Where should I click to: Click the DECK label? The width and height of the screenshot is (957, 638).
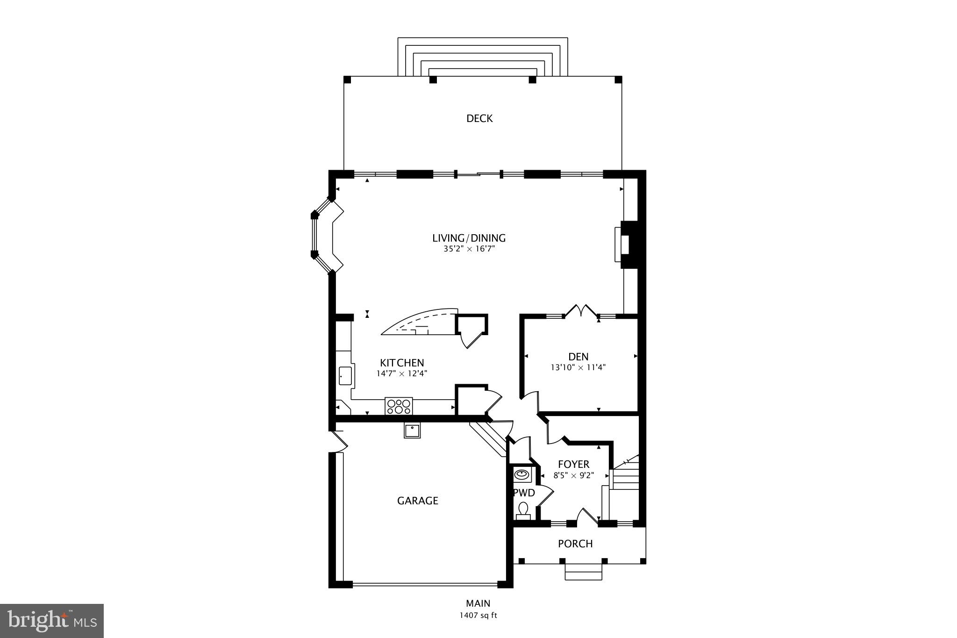tap(479, 119)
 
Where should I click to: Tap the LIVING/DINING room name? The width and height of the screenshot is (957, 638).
tap(469, 238)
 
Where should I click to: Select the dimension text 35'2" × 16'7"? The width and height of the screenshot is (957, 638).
tap(469, 249)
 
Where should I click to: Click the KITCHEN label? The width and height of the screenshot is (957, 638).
tap(402, 363)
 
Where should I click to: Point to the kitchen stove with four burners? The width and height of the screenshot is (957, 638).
tap(399, 406)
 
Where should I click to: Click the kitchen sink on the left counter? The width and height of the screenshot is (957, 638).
tap(345, 376)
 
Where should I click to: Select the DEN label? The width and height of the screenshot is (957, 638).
tap(578, 357)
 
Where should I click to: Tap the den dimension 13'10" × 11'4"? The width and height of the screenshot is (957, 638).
tap(578, 367)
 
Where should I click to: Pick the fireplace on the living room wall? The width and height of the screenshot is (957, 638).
tap(628, 244)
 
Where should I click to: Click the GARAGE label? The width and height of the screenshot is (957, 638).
tap(417, 501)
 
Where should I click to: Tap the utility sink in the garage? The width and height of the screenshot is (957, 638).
tap(412, 430)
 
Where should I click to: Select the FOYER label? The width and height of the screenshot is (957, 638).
tap(573, 464)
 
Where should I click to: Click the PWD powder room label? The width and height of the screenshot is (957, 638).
tap(524, 493)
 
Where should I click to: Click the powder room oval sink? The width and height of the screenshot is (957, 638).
tap(522, 475)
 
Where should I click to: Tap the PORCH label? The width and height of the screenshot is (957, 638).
tap(575, 544)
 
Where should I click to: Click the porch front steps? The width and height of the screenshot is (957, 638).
tap(583, 572)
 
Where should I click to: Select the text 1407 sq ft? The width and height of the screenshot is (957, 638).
tap(478, 616)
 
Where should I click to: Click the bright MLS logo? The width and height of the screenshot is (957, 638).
tap(52, 621)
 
